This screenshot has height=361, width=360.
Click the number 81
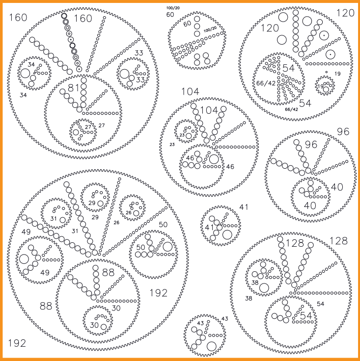(x=74, y=88)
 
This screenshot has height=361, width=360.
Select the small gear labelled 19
(x=326, y=85)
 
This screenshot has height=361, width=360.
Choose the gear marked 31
(x=56, y=214)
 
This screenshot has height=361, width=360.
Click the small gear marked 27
(x=83, y=131)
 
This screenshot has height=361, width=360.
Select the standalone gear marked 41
(x=221, y=226)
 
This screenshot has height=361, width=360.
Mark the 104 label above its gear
(x=191, y=92)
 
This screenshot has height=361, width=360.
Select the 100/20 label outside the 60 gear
(x=173, y=8)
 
